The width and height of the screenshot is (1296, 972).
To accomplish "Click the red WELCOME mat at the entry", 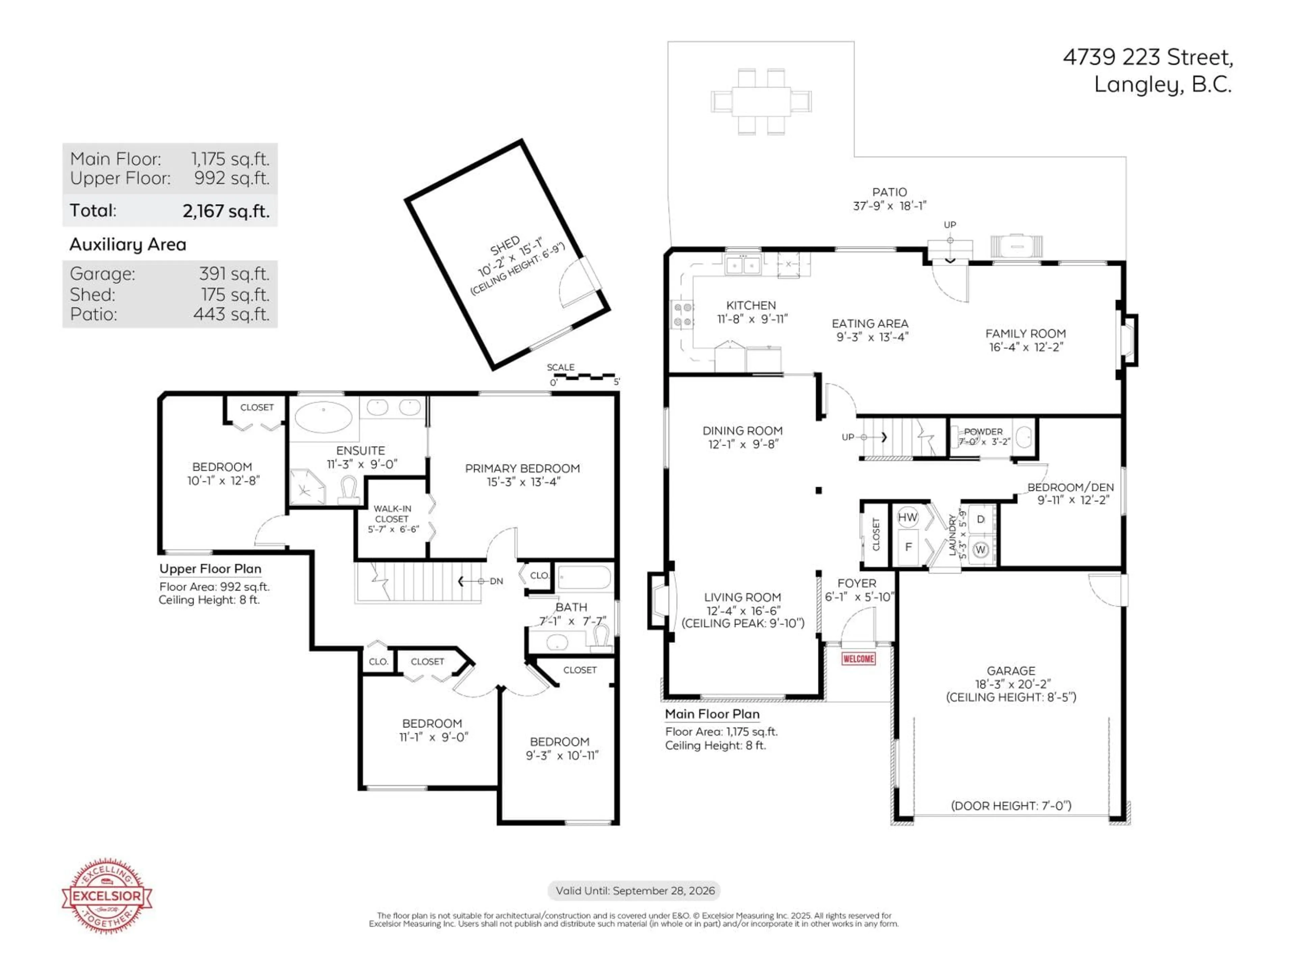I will click(858, 658).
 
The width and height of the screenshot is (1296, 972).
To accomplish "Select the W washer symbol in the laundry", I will click(980, 549).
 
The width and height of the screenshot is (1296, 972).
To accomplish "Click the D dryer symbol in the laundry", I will click(980, 519).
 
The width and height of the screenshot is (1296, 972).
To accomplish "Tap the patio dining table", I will click(760, 101).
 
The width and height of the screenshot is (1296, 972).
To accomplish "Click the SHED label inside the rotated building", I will click(505, 245).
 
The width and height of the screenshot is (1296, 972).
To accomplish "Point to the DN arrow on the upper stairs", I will click(481, 581).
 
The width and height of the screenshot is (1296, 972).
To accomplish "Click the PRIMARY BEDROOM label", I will click(522, 468).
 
